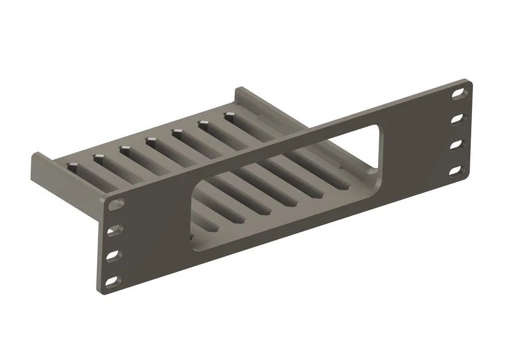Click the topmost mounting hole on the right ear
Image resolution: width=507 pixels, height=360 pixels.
[459, 92]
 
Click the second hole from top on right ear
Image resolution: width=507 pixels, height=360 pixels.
[458, 119]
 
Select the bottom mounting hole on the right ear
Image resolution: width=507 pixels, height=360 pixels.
[457, 170]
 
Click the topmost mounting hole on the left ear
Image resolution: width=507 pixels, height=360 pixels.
[116, 204]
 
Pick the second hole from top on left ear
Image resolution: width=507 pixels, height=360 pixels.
[114, 229]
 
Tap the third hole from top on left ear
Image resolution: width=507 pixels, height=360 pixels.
[113, 255]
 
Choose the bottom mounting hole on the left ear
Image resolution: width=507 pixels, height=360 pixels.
[113, 281]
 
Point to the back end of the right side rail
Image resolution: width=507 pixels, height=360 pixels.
[242, 92]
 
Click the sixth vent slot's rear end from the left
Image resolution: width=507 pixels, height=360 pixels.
[204, 123]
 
